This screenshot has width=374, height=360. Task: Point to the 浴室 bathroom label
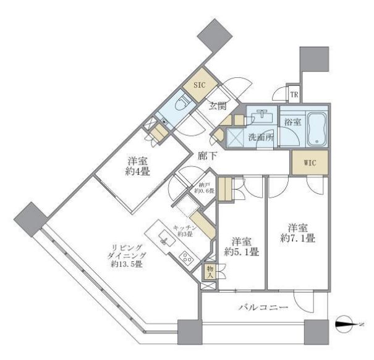point(293,122)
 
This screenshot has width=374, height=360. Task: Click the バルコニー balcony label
point(263,307)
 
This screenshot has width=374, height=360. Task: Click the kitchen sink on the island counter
point(163,238)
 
